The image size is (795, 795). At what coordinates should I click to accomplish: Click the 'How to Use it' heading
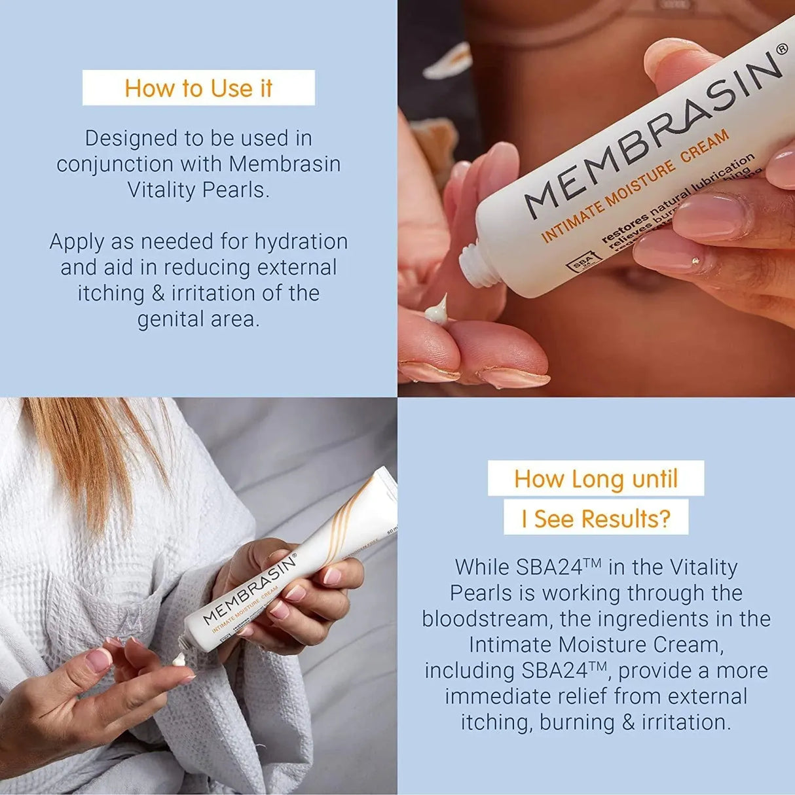(198, 88)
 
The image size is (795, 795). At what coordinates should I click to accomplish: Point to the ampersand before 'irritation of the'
(158, 293)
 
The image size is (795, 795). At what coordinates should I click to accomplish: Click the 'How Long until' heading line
(595, 479)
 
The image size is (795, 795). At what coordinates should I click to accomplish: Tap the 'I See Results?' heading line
(595, 519)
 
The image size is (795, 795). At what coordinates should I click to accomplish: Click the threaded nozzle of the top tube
(479, 264)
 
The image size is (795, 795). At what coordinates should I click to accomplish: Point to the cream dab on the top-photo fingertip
(437, 311)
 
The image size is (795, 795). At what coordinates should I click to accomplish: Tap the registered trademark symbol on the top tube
(782, 50)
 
